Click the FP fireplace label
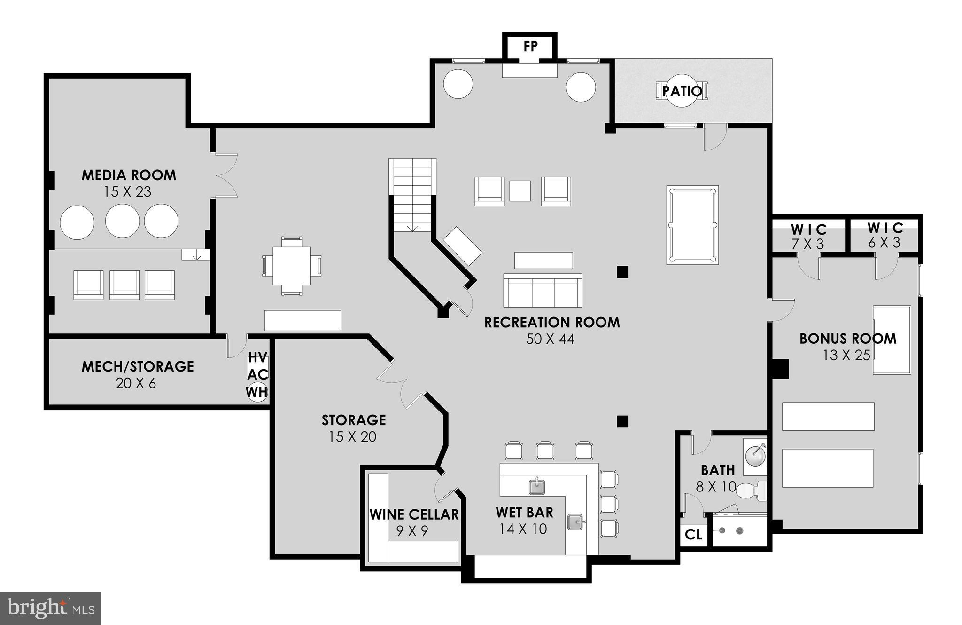pos(530,47)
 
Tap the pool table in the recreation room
pos(692,225)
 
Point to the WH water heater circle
pos(257,391)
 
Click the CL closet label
pos(693,535)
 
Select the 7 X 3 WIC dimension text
pos(808,244)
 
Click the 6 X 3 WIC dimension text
pos(884,243)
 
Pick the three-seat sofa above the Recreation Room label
pos(543,291)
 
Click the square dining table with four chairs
pos(292,266)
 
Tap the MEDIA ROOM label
pos(129,175)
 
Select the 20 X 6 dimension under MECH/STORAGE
pos(136,383)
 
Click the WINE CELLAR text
pos(414,514)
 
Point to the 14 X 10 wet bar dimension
pos(523,529)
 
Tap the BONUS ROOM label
pos(847,339)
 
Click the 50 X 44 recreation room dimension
pos(550,339)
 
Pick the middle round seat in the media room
pos(122,221)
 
